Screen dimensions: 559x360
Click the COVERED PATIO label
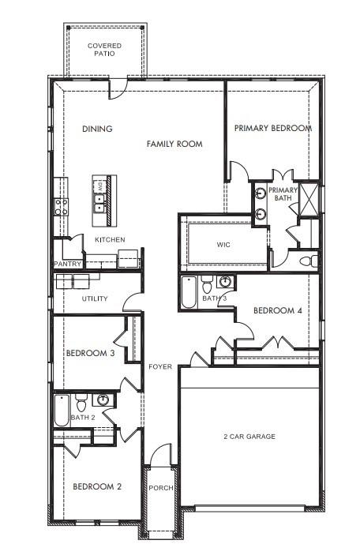(104, 51)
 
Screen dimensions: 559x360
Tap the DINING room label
(97, 129)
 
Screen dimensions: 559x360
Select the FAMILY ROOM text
(174, 144)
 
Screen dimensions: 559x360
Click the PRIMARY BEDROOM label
(272, 128)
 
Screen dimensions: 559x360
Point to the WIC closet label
(223, 245)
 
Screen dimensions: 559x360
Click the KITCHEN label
(110, 239)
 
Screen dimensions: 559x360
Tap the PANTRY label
(68, 264)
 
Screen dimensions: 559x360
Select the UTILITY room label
(95, 299)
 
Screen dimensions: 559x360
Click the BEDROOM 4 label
(277, 311)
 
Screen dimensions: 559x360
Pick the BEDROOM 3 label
(91, 353)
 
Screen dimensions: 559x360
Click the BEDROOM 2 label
(97, 486)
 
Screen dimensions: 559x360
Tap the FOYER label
(160, 366)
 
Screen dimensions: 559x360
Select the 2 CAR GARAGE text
(249, 436)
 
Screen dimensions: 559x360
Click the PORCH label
(161, 488)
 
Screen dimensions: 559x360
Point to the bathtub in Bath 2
(62, 410)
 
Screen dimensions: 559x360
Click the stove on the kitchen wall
(61, 207)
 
